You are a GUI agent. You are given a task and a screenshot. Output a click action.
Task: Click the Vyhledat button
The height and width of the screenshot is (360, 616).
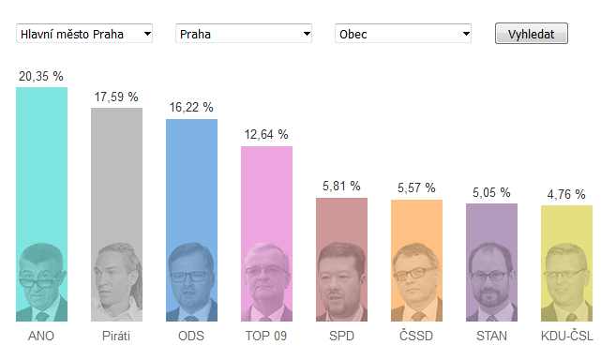pos(531,34)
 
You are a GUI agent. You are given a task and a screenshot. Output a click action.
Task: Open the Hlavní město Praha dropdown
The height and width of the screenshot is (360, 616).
pos(84,34)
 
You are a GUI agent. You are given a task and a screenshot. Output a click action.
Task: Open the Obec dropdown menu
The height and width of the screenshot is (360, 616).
pos(403,34)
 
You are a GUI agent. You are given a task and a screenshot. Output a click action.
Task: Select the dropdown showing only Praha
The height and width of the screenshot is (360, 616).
pos(244,34)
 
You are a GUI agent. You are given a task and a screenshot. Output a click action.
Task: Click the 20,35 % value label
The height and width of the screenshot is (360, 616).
pos(41,76)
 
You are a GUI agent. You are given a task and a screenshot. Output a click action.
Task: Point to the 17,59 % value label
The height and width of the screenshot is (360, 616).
pos(116,97)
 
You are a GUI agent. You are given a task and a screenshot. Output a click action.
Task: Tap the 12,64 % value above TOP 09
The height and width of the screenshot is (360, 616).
pos(266,134)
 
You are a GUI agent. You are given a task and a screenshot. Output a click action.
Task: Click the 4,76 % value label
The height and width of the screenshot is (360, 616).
pos(566,194)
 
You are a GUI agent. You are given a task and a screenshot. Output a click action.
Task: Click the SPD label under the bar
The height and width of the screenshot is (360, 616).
pos(341,336)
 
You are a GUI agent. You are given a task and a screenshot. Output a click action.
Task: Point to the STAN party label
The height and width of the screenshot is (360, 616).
pos(491,336)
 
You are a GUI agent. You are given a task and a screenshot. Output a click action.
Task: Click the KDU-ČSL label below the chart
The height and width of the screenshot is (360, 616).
pos(566,336)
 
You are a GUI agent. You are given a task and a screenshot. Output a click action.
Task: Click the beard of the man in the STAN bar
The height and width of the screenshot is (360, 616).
pos(489,297)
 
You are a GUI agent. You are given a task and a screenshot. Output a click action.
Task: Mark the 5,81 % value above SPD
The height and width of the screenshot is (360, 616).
pos(341,186)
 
